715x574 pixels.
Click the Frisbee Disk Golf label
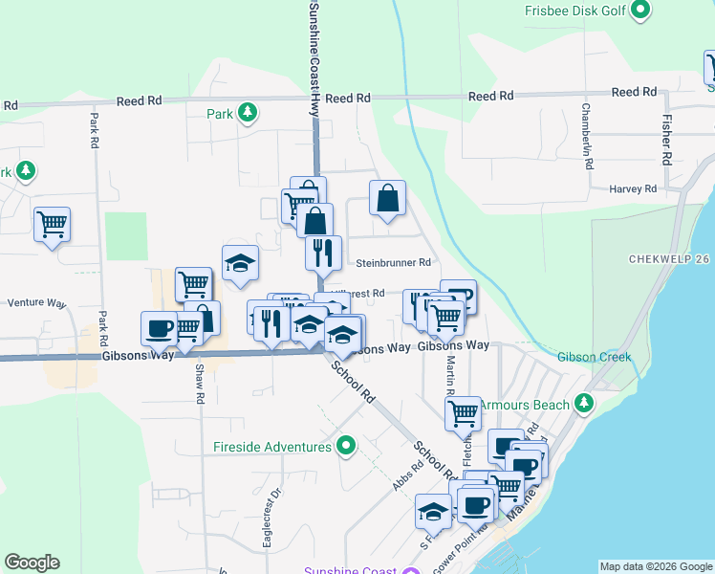click(574, 11)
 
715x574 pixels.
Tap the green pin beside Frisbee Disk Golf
click(640, 11)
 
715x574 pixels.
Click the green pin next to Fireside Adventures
click(346, 446)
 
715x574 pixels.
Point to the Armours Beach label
click(524, 405)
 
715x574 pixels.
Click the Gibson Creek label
click(594, 357)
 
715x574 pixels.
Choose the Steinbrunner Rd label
click(393, 262)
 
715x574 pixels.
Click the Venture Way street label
click(36, 303)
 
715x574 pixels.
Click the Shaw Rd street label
click(200, 383)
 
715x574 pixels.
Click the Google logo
click(32, 563)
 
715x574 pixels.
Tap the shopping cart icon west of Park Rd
click(52, 225)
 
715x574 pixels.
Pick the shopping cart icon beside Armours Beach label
click(463, 413)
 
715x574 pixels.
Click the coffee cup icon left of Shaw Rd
click(159, 328)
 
